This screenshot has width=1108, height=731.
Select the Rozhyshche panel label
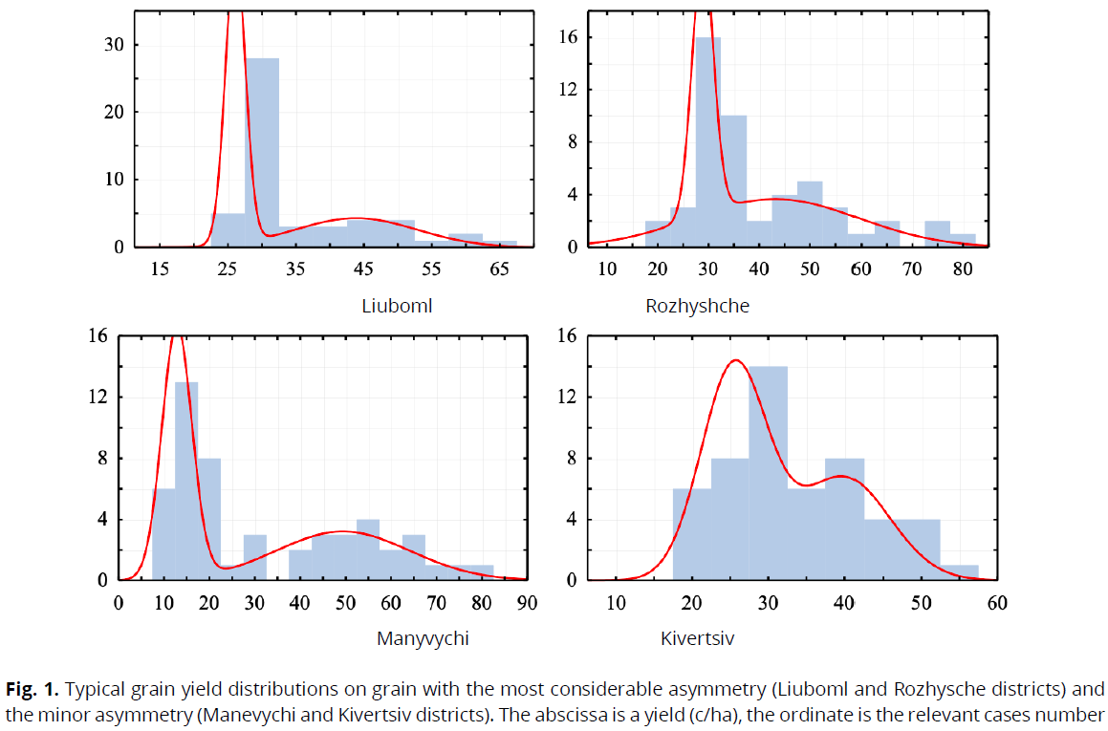(697, 307)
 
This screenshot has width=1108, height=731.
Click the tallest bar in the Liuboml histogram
(262, 153)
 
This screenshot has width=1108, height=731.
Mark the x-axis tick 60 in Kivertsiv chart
(997, 603)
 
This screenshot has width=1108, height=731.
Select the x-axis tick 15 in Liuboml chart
(160, 269)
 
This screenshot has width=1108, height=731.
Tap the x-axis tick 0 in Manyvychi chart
(119, 603)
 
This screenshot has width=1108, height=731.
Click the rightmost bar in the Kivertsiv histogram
(960, 571)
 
